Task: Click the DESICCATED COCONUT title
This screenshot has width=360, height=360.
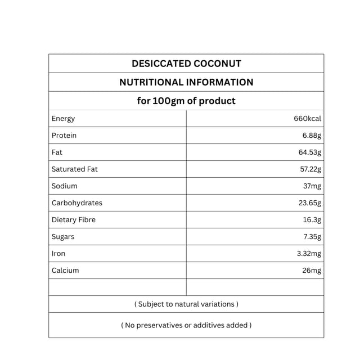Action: tap(186, 64)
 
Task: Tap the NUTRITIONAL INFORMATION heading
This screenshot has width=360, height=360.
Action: tap(186, 82)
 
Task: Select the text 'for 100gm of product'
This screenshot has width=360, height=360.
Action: tap(186, 101)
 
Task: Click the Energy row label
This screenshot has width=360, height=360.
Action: tap(63, 119)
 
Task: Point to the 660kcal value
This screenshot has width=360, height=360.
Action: tap(307, 119)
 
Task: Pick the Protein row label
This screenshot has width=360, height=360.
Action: tap(64, 136)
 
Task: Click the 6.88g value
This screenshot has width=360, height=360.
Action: tap(312, 136)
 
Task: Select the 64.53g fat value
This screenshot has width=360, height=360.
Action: tap(309, 152)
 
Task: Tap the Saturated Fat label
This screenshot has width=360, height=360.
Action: tap(75, 169)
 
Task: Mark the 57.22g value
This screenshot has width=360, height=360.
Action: tap(309, 169)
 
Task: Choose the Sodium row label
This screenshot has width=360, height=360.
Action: tap(65, 186)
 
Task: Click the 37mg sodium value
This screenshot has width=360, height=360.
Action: tap(312, 186)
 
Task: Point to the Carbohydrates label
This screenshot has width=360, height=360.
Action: tap(77, 203)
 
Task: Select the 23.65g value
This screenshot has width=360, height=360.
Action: tap(309, 203)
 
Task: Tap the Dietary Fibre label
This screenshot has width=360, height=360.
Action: tap(74, 220)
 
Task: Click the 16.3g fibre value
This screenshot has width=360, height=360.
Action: tap(312, 220)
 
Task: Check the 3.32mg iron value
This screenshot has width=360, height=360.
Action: tap(309, 254)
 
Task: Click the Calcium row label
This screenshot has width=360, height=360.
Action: tap(65, 271)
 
